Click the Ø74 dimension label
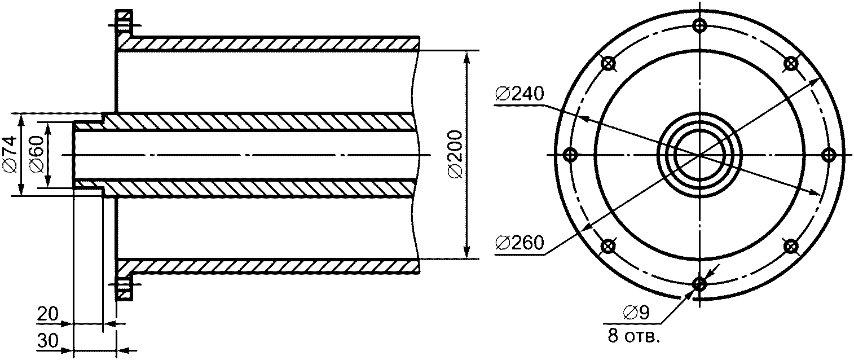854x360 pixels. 10,155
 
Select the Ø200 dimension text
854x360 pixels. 455,155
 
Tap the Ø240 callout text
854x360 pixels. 520,94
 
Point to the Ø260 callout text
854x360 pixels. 520,243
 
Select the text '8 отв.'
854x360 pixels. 633,336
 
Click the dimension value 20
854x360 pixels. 47,314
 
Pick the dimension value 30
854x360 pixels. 47,341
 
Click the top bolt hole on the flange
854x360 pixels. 699,26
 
